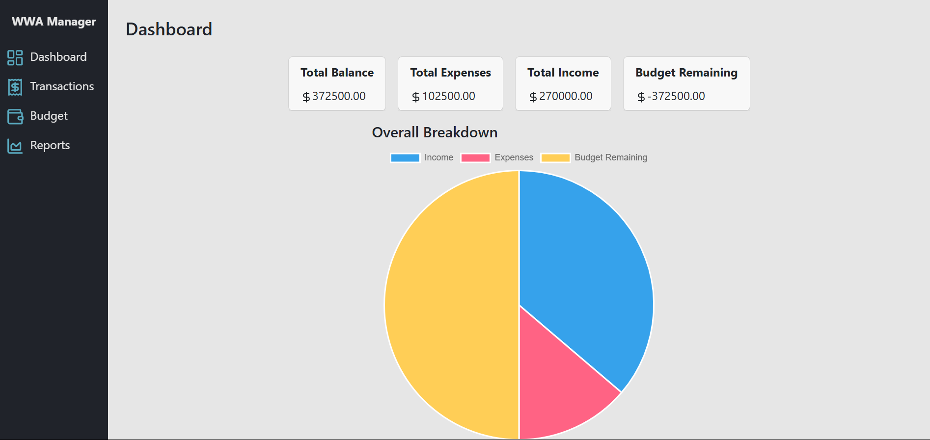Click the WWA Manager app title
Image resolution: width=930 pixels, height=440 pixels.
click(x=54, y=22)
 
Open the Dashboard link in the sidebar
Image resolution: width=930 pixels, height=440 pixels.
click(x=58, y=57)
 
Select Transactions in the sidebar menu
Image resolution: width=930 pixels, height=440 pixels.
click(x=62, y=86)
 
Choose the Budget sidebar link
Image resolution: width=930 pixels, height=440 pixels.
click(x=49, y=116)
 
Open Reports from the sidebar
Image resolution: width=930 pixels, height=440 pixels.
click(x=50, y=145)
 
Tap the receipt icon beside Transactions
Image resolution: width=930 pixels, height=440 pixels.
click(x=15, y=87)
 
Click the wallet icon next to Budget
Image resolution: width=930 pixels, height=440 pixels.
click(x=15, y=116)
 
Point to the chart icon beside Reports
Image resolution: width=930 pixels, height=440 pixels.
click(x=15, y=146)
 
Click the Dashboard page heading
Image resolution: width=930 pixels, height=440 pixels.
click(x=169, y=29)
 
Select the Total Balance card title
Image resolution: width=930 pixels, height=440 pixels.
click(x=337, y=73)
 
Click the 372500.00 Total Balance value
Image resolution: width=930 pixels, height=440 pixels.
click(x=338, y=96)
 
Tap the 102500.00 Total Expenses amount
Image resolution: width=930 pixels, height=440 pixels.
click(x=448, y=96)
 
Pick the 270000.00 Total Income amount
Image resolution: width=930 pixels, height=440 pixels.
click(x=565, y=96)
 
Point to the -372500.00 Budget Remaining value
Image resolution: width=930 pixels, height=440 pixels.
click(x=676, y=96)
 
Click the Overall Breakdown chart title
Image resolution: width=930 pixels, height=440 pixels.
click(x=435, y=132)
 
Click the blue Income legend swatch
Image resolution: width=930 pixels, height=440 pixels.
click(x=405, y=157)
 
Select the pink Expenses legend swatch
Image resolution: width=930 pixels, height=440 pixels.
click(x=475, y=157)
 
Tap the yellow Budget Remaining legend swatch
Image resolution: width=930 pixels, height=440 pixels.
click(x=555, y=157)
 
